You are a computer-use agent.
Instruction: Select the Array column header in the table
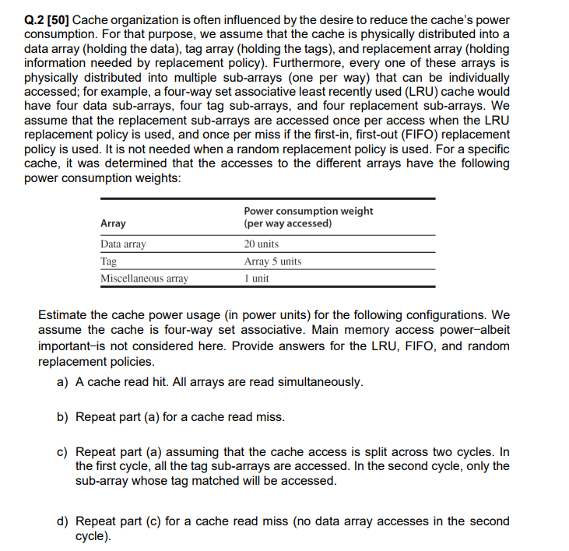(114, 223)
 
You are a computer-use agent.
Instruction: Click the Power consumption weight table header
(308, 211)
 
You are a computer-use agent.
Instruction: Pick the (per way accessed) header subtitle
(287, 223)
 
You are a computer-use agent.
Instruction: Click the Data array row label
(123, 244)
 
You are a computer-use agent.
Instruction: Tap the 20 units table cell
(261, 244)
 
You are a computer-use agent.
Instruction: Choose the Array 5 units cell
(272, 261)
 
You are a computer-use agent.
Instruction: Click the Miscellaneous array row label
(144, 279)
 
